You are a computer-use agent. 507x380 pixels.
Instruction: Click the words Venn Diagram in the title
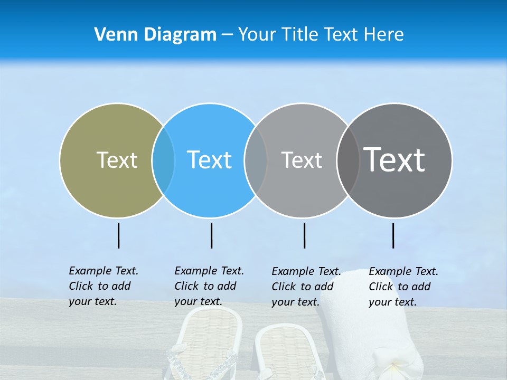155,35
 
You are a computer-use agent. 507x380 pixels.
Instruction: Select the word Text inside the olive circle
117,160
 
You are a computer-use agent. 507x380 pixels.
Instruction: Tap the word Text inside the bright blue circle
209,160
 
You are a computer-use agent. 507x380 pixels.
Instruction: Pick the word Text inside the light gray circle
302,160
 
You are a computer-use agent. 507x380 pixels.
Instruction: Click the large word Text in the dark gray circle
395,160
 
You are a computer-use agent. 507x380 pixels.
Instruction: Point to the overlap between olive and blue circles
163,160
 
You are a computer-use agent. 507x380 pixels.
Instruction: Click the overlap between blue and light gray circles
256,160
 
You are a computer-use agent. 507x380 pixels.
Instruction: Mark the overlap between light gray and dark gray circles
348,160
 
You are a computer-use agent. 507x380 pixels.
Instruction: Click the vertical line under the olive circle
118,235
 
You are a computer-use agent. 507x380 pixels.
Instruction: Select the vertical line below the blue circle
211,235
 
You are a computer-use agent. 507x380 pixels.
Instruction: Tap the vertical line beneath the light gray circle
304,235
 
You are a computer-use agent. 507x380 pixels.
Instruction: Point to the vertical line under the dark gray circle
393,235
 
